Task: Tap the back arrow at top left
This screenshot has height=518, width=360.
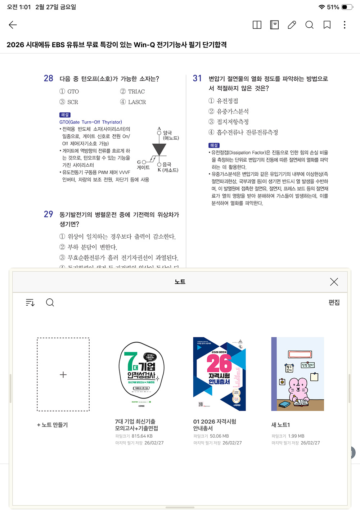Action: pos(13,25)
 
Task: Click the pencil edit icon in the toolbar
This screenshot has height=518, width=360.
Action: pos(292,25)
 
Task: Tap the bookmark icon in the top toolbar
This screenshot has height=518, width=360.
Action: pos(327,25)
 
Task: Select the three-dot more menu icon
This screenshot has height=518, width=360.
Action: pos(345,25)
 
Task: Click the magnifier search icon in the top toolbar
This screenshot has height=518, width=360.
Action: pos(309,25)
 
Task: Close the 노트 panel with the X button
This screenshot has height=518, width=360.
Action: pos(334,282)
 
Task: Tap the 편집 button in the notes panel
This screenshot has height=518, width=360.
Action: pos(334,302)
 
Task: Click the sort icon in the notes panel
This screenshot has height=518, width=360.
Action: pos(30,303)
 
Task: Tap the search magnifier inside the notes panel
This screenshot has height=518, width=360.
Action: pos(50,303)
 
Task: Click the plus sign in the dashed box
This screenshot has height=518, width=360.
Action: pos(63,375)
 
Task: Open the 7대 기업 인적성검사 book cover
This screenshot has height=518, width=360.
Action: pos(141,374)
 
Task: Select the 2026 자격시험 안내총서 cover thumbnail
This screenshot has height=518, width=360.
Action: pos(219,374)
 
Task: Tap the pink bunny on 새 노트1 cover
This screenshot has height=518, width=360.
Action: pos(298,389)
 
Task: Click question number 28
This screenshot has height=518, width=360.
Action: pos(49,78)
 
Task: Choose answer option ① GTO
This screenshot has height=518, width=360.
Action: pos(69,92)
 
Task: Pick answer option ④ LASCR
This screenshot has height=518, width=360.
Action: pos(133,102)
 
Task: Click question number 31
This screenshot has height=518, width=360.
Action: pos(197,78)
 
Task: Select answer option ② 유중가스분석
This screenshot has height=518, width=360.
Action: pos(229,112)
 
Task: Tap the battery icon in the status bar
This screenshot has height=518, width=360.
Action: pos(347,7)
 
